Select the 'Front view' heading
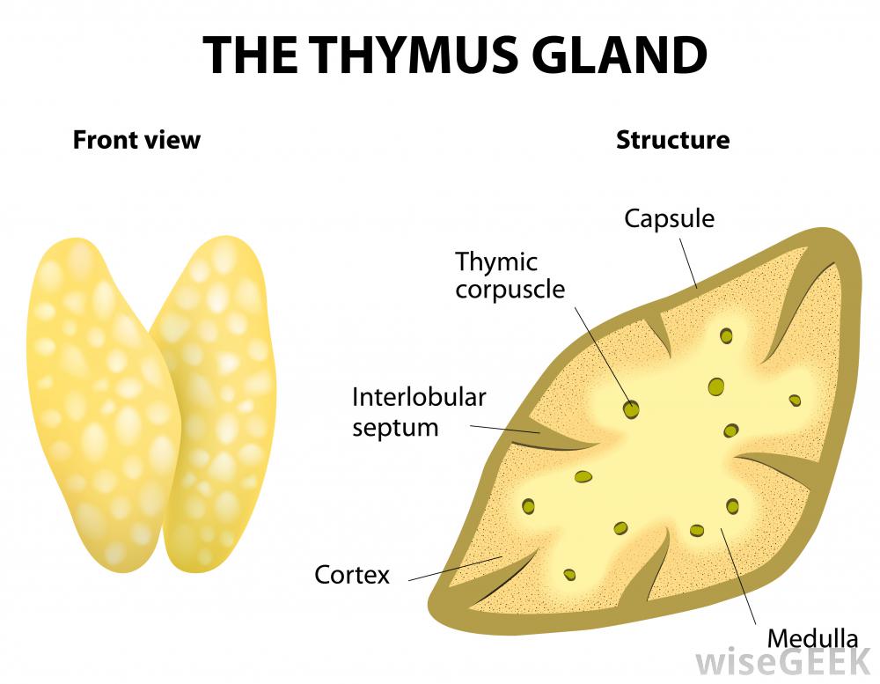tap(136, 140)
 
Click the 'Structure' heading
tap(672, 140)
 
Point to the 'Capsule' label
tap(669, 218)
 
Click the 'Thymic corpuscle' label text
tap(510, 275)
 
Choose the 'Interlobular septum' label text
tap(419, 412)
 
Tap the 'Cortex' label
tap(352, 576)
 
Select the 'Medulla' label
tap(812, 638)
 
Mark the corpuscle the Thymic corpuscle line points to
tap(631, 408)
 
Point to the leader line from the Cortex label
tap(449, 569)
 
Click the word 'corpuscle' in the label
tap(510, 289)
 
